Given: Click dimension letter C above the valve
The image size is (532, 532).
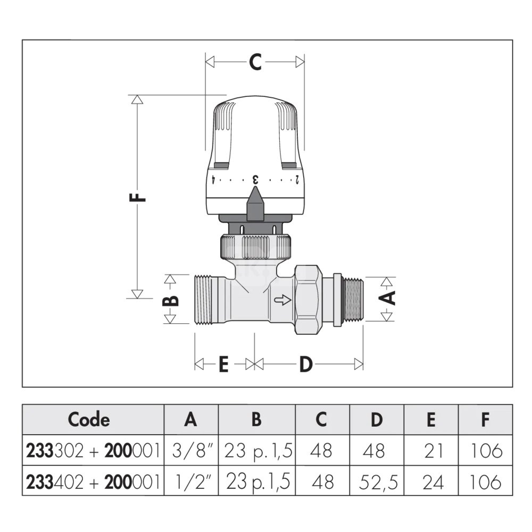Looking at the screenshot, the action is pyautogui.click(x=255, y=62).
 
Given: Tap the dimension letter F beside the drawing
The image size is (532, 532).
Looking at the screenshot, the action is pyautogui.click(x=138, y=197).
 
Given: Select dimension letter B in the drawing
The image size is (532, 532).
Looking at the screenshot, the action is pyautogui.click(x=170, y=299).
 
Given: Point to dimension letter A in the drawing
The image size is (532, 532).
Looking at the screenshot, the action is pyautogui.click(x=387, y=298).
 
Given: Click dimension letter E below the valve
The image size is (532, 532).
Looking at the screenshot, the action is pyautogui.click(x=223, y=364).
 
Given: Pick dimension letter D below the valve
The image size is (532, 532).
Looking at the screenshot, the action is pyautogui.click(x=306, y=364).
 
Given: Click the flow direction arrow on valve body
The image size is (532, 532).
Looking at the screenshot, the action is pyautogui.click(x=282, y=300).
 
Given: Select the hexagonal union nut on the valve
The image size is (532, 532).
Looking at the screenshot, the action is pyautogui.click(x=307, y=300).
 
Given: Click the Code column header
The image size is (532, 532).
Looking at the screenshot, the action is pyautogui.click(x=89, y=419).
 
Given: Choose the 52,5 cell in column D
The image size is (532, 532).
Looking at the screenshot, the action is pyautogui.click(x=378, y=482).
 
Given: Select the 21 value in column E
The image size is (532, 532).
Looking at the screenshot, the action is pyautogui.click(x=434, y=451).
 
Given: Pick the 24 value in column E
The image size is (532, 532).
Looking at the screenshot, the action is pyautogui.click(x=433, y=482).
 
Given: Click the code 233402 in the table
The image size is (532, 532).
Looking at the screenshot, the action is pyautogui.click(x=55, y=482).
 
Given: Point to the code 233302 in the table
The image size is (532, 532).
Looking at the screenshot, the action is pyautogui.click(x=55, y=451).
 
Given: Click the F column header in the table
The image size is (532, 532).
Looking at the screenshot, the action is pyautogui.click(x=485, y=419).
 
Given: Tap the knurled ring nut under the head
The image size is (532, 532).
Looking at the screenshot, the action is pyautogui.click(x=255, y=247).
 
